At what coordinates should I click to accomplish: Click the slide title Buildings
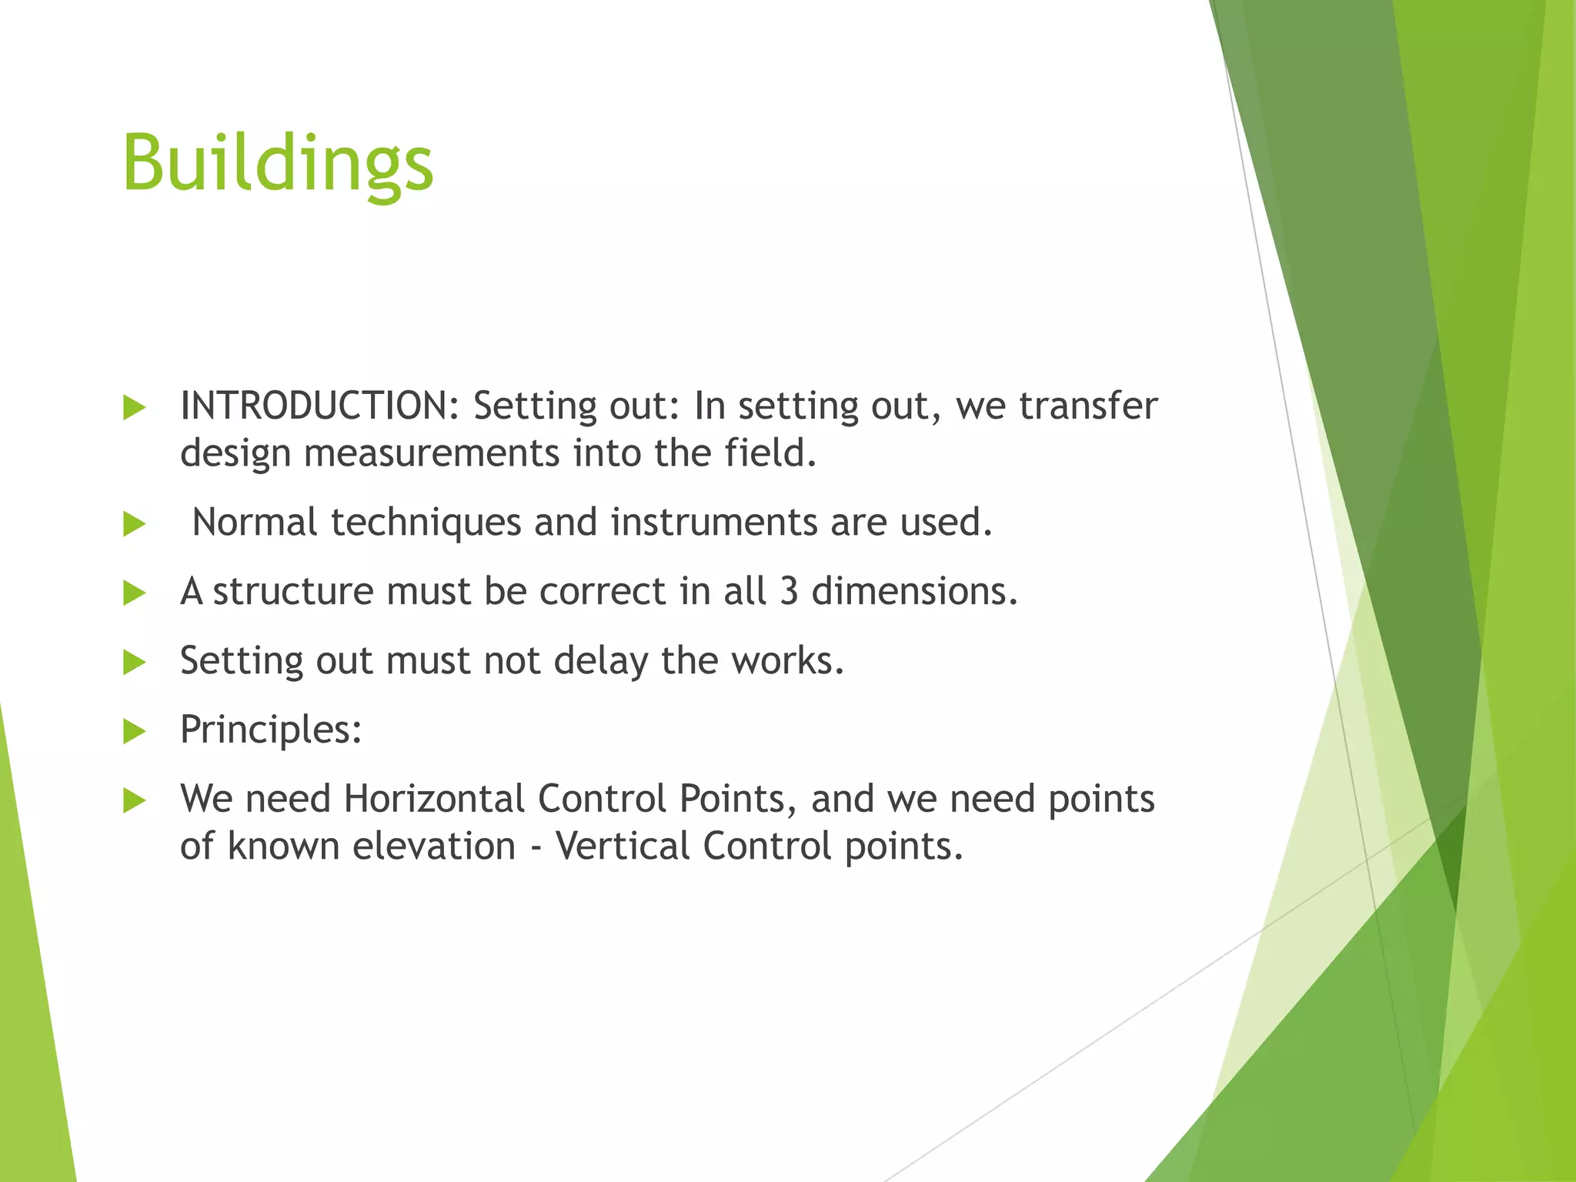point(278,163)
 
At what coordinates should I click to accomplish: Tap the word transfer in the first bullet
point(1088,406)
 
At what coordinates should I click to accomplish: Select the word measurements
point(432,452)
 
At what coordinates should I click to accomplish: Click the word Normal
point(255,523)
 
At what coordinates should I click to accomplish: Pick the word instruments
point(713,523)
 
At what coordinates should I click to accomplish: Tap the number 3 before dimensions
point(789,592)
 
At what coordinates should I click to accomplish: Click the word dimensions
point(914,592)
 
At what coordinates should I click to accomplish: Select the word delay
point(600,661)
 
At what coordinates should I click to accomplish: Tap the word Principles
point(270,730)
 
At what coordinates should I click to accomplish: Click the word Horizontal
point(434,799)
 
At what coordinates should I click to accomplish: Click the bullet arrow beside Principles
point(134,731)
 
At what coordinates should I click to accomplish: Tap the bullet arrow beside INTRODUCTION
point(134,408)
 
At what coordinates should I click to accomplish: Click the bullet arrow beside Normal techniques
point(134,525)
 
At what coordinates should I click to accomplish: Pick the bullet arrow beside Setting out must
point(134,662)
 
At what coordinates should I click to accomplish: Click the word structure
point(293,592)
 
